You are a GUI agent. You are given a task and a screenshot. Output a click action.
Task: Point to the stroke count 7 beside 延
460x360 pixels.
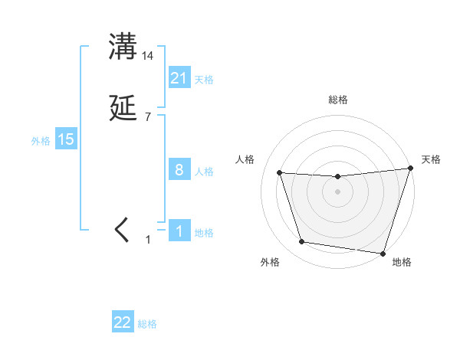148,117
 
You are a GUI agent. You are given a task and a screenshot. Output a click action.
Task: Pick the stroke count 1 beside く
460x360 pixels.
149,240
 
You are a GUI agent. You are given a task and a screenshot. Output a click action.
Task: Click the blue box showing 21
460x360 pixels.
179,78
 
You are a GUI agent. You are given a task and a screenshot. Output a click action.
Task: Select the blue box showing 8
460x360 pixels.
179,170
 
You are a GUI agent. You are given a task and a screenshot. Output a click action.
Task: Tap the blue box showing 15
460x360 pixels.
66,139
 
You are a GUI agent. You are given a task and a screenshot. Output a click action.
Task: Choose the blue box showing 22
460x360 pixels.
123,322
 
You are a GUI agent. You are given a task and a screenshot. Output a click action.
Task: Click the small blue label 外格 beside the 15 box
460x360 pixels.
41,140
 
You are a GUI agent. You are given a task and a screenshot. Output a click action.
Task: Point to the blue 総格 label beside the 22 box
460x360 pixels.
147,324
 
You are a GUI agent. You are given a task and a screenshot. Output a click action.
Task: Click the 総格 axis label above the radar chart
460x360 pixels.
338,100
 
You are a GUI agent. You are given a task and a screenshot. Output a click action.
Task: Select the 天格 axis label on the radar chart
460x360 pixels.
431,159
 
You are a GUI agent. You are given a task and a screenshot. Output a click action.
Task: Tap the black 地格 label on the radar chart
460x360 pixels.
402,262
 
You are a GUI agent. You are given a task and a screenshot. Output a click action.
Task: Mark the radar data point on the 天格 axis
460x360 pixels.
411,169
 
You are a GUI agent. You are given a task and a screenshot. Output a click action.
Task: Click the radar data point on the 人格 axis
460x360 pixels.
280,173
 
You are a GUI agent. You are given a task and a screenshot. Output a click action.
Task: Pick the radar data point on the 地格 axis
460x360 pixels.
383,253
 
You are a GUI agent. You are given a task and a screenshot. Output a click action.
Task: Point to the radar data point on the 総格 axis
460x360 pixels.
338,177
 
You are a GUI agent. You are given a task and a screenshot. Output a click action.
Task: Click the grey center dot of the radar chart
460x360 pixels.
338,191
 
